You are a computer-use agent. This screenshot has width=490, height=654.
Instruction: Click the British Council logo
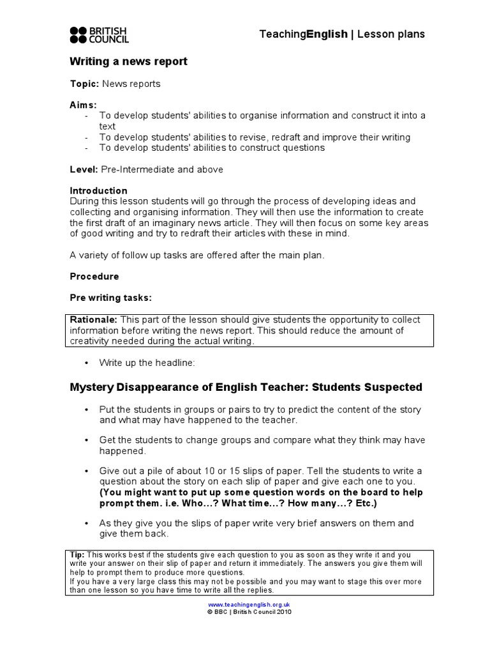click(99, 34)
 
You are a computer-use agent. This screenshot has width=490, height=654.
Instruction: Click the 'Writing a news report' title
click(128, 61)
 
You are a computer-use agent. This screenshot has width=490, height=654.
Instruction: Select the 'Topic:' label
click(84, 84)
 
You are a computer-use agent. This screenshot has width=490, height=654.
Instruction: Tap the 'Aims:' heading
click(83, 105)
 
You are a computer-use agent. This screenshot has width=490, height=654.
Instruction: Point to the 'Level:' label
click(84, 169)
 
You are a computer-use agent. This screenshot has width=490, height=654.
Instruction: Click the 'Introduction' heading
click(98, 190)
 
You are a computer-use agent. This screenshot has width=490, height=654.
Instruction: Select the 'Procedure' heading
click(94, 277)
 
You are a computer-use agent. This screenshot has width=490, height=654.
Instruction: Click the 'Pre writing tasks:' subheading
click(110, 298)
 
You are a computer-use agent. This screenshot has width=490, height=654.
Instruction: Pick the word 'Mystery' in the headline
click(90, 387)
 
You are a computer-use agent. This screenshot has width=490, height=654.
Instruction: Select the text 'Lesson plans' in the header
click(390, 34)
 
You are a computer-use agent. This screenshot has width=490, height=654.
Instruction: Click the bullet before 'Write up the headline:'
click(86, 363)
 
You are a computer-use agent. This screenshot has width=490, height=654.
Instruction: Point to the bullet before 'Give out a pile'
click(86, 471)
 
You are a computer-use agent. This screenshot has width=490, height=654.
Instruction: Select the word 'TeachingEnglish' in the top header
click(304, 34)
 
